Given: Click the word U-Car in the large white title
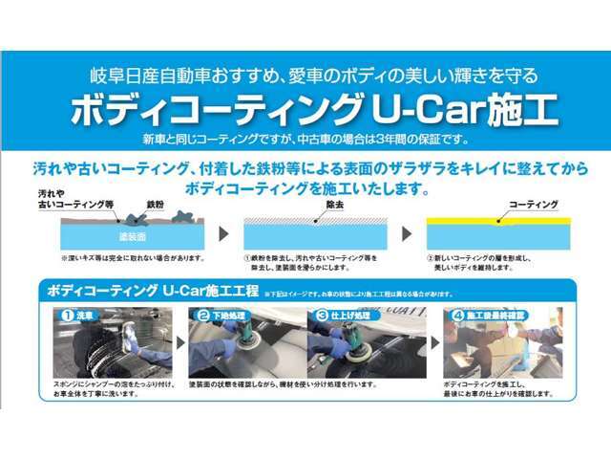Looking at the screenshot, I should pos(428,108).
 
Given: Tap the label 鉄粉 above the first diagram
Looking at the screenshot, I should pos(156,206).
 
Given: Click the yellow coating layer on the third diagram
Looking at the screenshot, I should pos(497,220).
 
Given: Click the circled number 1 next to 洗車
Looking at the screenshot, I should pos(68,315).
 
